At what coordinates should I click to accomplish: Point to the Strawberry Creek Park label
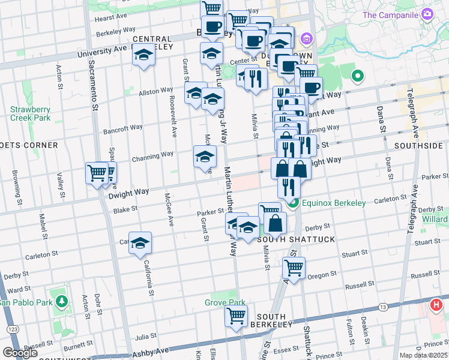[x=29, y=113]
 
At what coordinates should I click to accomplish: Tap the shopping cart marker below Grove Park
[x=237, y=315]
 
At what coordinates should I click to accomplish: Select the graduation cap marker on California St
[x=140, y=243]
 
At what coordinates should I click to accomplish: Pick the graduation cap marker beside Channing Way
[x=205, y=157]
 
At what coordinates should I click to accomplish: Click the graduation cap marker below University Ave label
[x=143, y=56]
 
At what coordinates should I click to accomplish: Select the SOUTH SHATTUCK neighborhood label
[x=285, y=239]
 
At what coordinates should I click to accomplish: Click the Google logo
[x=20, y=353]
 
